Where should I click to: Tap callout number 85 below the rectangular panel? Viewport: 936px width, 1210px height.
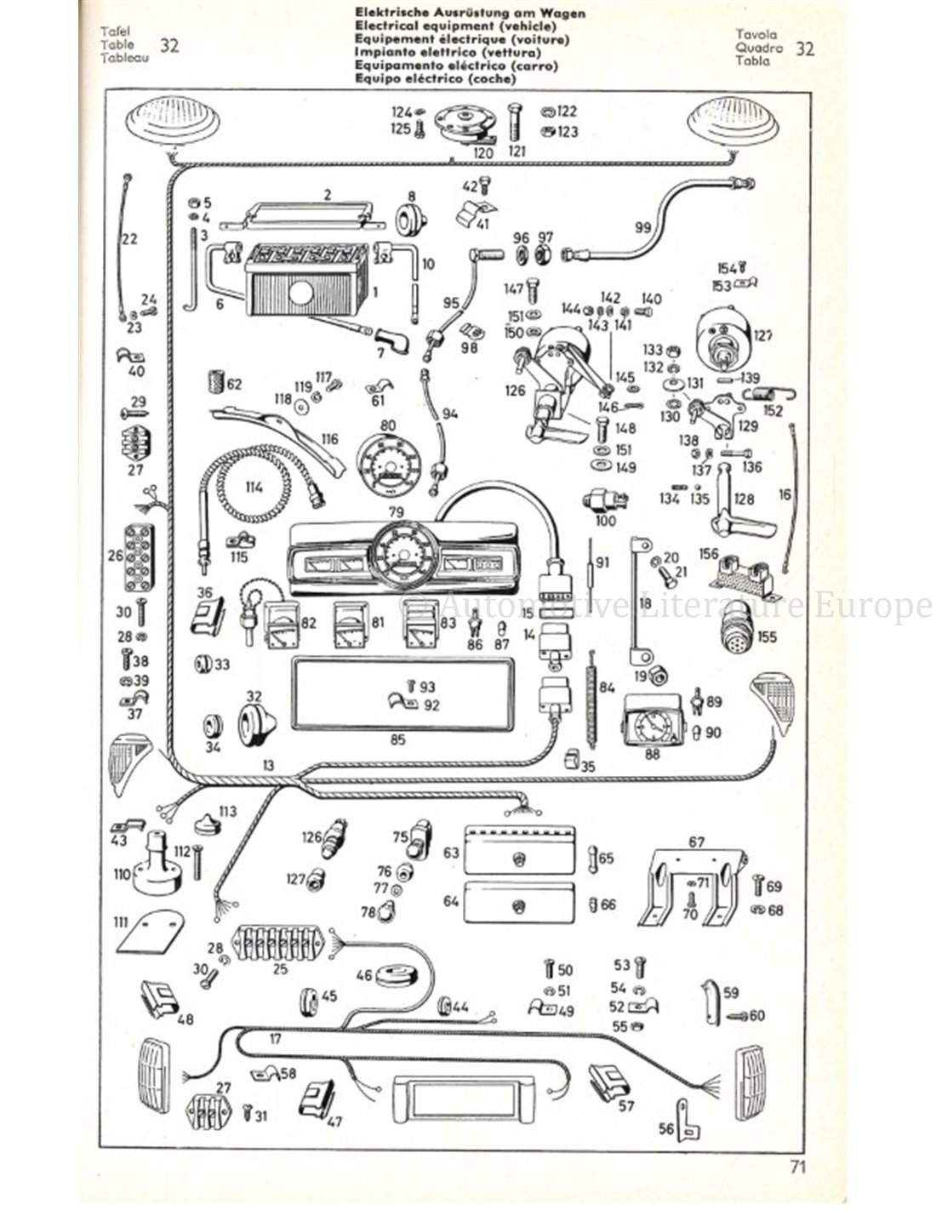tap(397, 739)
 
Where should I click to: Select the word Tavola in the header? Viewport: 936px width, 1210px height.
tap(756, 35)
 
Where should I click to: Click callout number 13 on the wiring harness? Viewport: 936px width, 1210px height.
tap(269, 766)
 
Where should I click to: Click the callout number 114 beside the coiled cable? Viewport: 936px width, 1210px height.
tap(254, 488)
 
